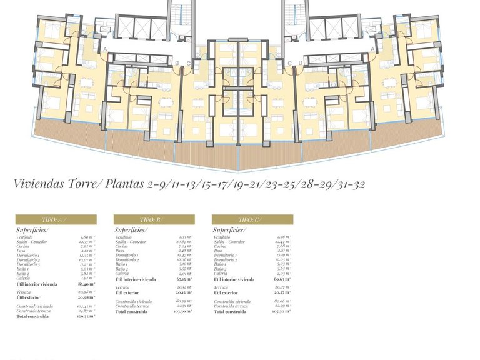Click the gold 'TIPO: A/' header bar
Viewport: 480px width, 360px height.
point(56,220)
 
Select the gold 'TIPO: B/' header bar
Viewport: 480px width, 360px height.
point(154,220)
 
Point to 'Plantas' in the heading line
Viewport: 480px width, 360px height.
point(125,184)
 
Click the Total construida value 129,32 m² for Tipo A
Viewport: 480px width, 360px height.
point(86,317)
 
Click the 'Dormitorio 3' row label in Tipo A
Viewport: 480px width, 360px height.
point(32,264)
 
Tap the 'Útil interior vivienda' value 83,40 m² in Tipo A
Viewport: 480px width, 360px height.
point(86,284)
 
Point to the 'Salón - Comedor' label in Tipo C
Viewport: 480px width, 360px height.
point(229,242)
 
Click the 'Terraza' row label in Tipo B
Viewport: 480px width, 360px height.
point(122,287)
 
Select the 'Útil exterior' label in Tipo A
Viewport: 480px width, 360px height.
point(29,297)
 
